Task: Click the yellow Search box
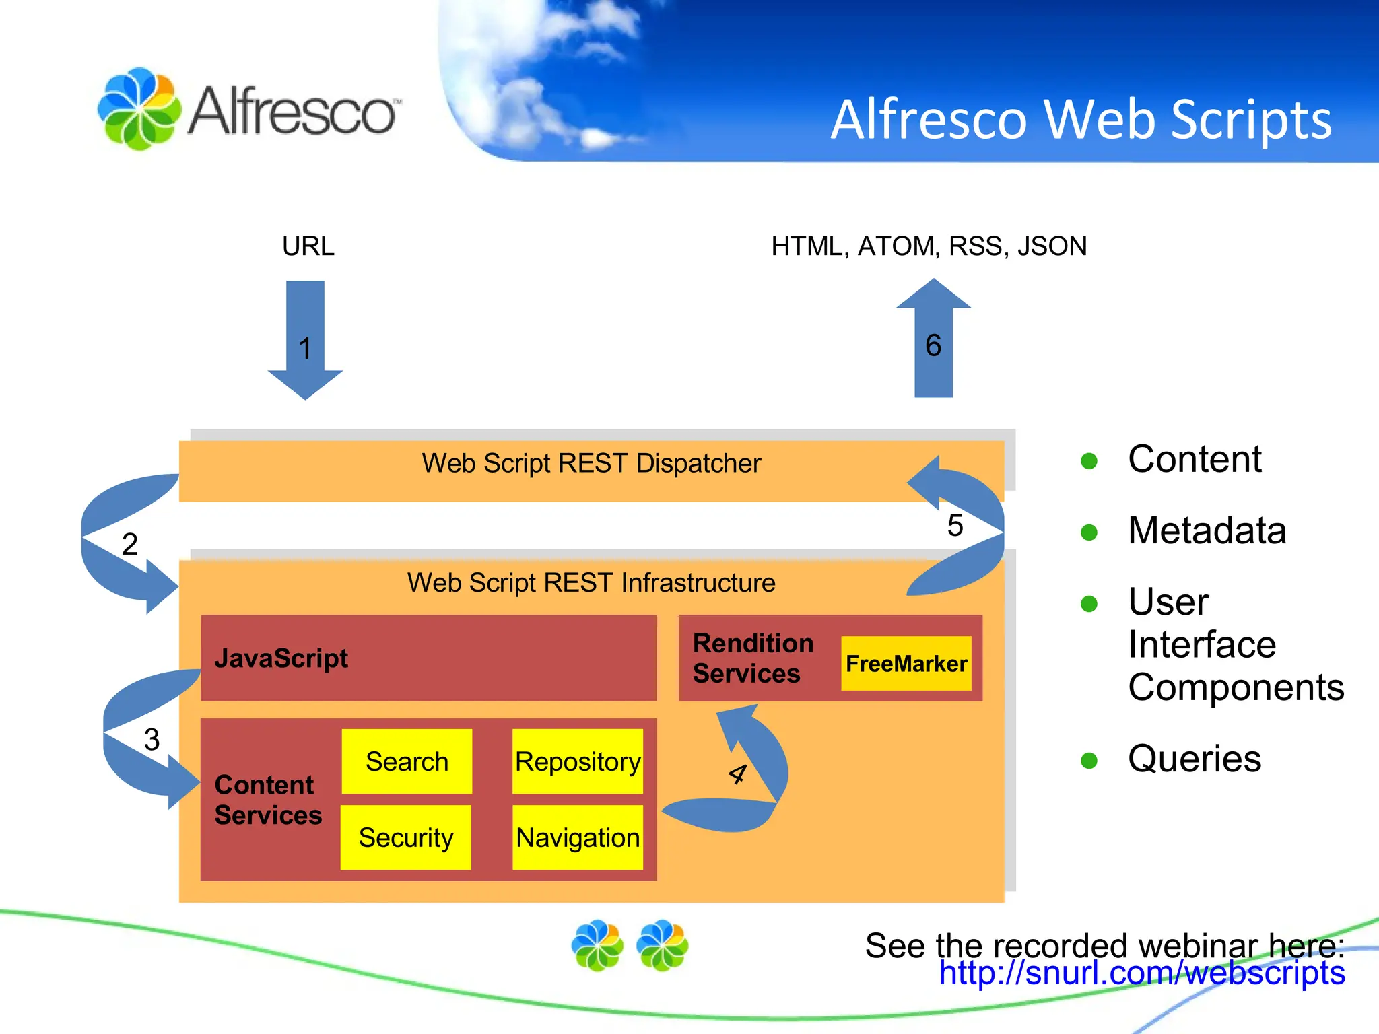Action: (x=407, y=761)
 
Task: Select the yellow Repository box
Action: (x=577, y=761)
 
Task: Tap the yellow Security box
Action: (x=405, y=837)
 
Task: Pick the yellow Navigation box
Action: (x=577, y=837)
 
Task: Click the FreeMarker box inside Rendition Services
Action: (x=906, y=664)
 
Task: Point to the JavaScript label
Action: (x=281, y=658)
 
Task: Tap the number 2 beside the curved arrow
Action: (x=130, y=544)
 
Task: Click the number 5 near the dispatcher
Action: (x=955, y=526)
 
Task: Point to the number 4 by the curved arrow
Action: (x=738, y=774)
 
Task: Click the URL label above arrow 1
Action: (x=308, y=246)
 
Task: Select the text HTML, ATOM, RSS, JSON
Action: (x=929, y=246)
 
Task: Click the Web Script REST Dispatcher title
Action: (x=591, y=463)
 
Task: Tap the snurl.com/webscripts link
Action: (x=1142, y=973)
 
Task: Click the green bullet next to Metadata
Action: (x=1089, y=532)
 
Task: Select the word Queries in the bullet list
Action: (x=1194, y=759)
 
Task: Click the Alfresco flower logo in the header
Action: (x=139, y=108)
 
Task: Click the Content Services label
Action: (x=267, y=800)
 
